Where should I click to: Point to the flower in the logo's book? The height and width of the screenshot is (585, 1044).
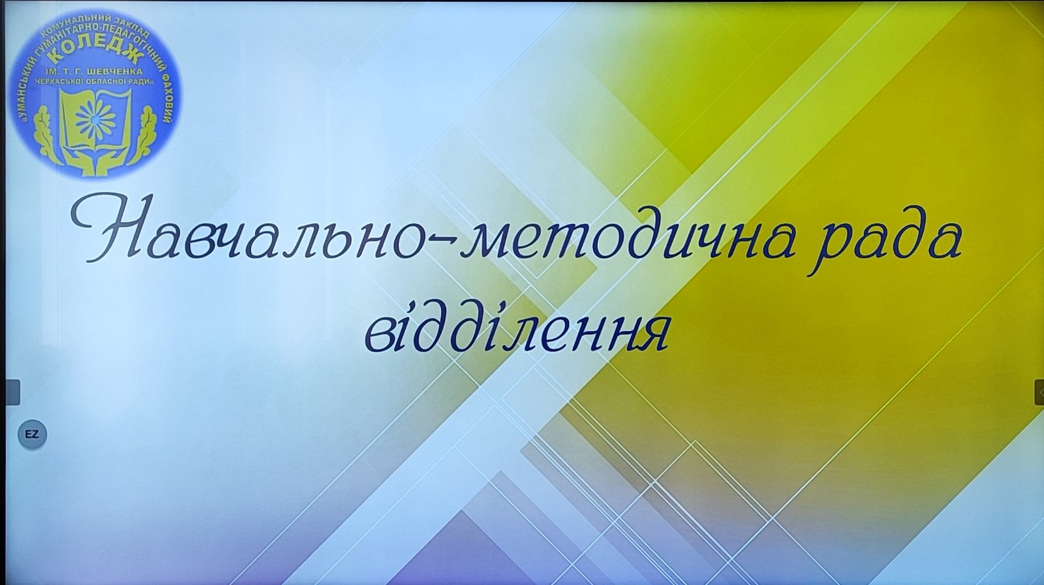(x=96, y=119)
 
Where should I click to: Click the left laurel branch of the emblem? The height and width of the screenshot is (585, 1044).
(x=46, y=135)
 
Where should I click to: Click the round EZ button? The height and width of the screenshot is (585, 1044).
(x=32, y=434)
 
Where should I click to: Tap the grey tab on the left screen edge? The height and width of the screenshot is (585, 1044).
(x=12, y=392)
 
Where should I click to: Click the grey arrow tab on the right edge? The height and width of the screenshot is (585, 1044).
(x=1039, y=392)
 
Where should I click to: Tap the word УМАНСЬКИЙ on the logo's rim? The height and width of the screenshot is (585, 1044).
(x=26, y=91)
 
